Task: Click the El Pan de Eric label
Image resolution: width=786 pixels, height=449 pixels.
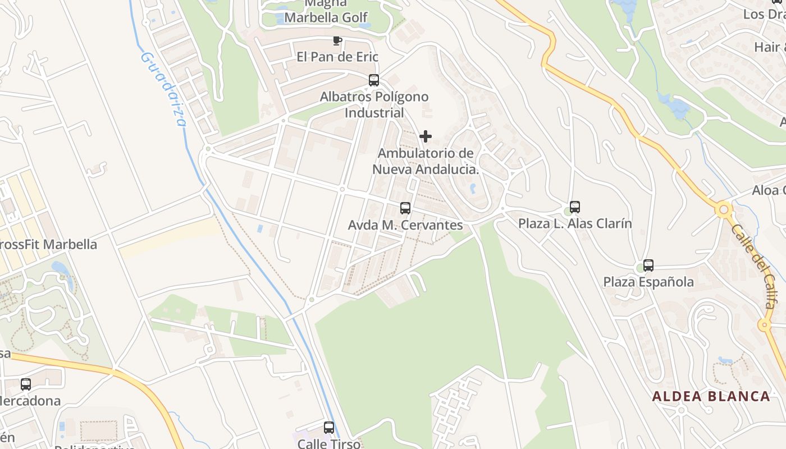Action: coord(337,57)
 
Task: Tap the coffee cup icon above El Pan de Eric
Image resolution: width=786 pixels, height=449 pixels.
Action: coord(337,40)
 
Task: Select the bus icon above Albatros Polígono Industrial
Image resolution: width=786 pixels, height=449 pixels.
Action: coord(374,80)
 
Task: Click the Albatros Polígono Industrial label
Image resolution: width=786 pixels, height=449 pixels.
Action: coord(374,104)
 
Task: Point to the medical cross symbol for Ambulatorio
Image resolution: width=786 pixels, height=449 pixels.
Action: coord(426,136)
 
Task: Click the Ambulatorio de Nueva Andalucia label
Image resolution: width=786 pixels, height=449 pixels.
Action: coord(426,161)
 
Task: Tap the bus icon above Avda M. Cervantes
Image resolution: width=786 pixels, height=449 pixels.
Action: coord(405,208)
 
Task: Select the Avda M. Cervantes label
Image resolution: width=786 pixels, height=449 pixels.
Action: coord(405,225)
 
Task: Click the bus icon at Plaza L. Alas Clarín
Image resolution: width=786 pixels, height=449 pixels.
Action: coord(575,207)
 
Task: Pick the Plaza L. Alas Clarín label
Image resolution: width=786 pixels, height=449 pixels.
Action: coord(575,223)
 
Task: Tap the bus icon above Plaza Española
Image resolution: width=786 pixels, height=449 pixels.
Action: coord(648,265)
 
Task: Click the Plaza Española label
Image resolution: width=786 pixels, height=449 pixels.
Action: coord(648,282)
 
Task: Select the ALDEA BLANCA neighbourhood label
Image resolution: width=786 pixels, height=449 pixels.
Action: coord(711,396)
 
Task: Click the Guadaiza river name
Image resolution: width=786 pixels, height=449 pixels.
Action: coord(162,90)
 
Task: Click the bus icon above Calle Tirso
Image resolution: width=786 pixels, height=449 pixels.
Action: coord(329,428)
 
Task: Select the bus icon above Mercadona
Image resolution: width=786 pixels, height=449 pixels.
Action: coord(26,384)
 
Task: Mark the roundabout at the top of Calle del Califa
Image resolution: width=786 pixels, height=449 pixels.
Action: coord(724,210)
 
